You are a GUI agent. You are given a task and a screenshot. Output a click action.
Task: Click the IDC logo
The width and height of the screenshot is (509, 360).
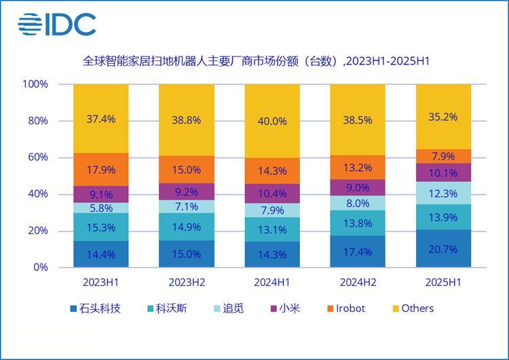57,24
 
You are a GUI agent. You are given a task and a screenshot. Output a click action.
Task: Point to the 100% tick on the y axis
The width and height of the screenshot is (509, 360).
35,84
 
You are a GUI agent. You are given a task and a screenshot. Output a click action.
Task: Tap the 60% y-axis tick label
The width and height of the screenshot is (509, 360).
37,158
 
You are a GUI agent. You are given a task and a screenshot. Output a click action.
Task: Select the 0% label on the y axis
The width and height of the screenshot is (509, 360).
41,267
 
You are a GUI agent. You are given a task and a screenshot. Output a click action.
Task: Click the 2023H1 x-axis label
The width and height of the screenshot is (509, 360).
100,281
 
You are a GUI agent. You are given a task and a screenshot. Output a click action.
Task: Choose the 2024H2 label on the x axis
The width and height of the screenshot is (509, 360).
357,281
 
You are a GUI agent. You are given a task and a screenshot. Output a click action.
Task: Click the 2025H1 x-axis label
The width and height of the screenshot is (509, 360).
442,281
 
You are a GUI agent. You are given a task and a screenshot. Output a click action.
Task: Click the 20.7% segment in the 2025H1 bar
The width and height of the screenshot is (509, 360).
442,249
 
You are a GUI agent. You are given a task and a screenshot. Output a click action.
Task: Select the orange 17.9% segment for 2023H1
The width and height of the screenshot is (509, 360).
100,169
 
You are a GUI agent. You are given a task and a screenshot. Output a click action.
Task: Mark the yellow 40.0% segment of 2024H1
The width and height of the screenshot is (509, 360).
271,122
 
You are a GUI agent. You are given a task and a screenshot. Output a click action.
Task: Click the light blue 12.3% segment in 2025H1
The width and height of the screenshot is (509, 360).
442,193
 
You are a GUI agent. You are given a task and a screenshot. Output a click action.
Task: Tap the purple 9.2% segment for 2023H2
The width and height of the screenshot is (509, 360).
186,192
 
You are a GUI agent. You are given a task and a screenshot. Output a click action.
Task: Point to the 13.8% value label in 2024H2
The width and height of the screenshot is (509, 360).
357,223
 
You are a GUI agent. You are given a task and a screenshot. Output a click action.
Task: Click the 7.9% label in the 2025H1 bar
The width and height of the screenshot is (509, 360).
442,156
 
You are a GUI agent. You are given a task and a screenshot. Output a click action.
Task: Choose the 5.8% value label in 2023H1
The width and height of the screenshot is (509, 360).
100,209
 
